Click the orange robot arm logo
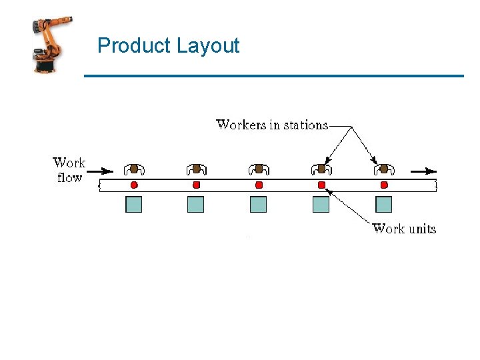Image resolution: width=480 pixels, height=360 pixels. pyautogui.click(x=52, y=45)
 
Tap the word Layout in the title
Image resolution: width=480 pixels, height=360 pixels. pyautogui.click(x=208, y=46)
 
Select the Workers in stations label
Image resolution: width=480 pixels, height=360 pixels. pyautogui.click(x=272, y=125)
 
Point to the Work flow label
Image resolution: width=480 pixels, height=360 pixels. pyautogui.click(x=69, y=170)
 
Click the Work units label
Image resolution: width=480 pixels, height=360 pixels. pyautogui.click(x=404, y=229)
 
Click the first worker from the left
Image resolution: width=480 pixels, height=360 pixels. pyautogui.click(x=134, y=169)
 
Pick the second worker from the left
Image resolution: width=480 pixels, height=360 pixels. pyautogui.click(x=196, y=169)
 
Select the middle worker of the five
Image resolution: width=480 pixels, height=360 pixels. pyautogui.click(x=259, y=169)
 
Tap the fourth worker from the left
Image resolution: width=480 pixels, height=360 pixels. pyautogui.click(x=321, y=169)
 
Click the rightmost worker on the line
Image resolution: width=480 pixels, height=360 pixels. pyautogui.click(x=384, y=169)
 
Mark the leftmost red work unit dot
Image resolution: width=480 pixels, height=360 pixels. pyautogui.click(x=134, y=184)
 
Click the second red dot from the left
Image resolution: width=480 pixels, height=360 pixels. pyautogui.click(x=196, y=184)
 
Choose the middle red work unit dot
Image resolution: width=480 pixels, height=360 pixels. pyautogui.click(x=259, y=184)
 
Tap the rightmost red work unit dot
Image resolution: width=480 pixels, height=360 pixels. pyautogui.click(x=384, y=184)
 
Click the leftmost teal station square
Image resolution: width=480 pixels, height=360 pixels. pyautogui.click(x=134, y=205)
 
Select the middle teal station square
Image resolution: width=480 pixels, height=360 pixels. pyautogui.click(x=259, y=205)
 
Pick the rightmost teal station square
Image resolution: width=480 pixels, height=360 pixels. pyautogui.click(x=384, y=205)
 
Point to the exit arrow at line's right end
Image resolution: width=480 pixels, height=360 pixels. pyautogui.click(x=424, y=171)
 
